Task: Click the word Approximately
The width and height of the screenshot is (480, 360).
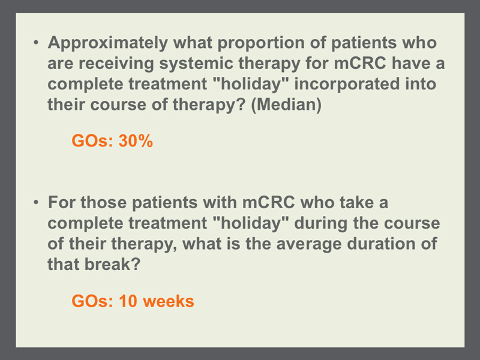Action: click(108, 43)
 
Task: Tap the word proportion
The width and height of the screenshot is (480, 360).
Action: click(261, 43)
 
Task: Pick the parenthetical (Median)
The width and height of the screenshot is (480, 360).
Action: click(286, 104)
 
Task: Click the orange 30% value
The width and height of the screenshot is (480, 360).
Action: click(136, 141)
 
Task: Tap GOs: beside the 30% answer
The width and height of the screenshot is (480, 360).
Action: click(92, 141)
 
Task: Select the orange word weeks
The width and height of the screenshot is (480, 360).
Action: click(169, 301)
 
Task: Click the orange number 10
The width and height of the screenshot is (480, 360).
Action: click(128, 301)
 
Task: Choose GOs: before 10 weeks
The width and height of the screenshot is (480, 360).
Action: click(92, 301)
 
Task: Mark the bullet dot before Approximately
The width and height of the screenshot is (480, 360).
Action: click(36, 43)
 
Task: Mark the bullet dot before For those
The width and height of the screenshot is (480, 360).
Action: click(36, 202)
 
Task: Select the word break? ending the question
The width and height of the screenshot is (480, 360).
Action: click(112, 265)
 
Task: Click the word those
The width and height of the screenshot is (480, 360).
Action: click(103, 203)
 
